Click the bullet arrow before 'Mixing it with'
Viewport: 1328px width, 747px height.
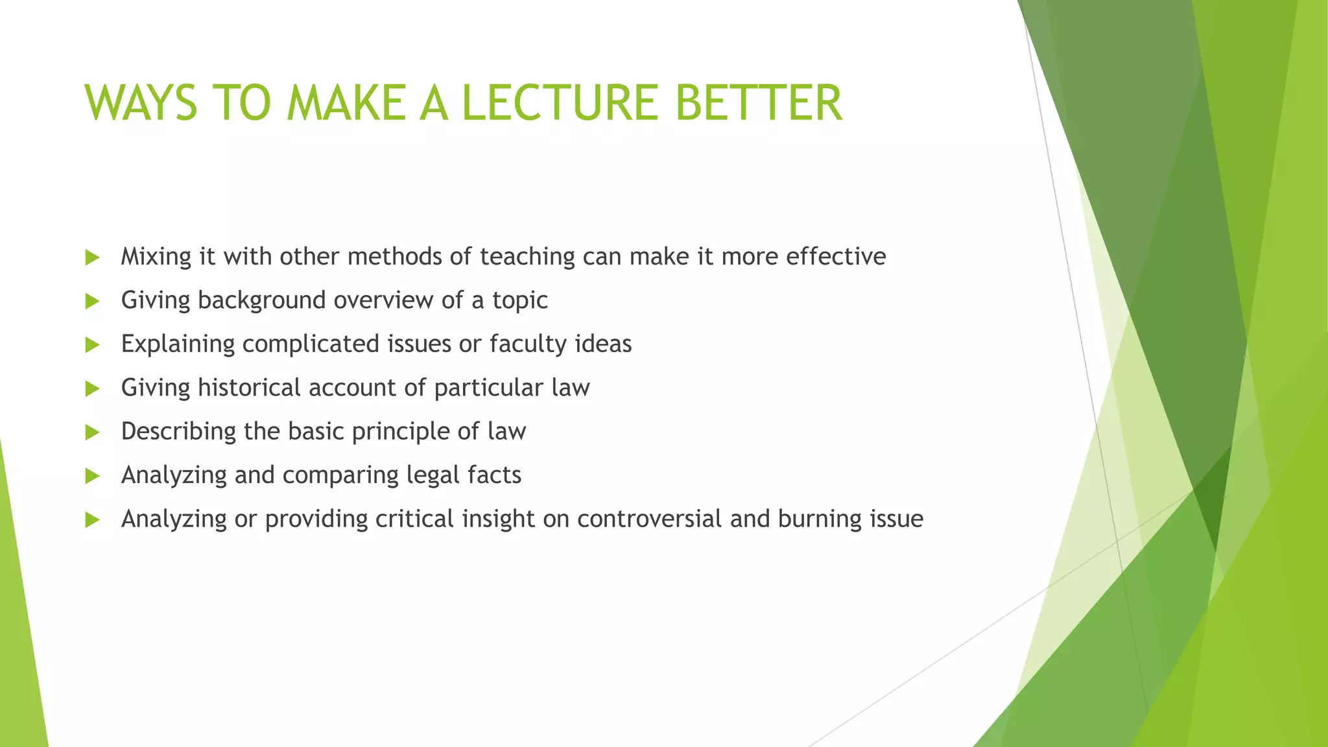click(x=92, y=257)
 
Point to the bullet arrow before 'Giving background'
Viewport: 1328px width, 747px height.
click(x=92, y=301)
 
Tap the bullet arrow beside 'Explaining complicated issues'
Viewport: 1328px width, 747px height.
click(x=92, y=344)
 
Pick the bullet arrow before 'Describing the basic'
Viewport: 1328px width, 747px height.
click(x=92, y=432)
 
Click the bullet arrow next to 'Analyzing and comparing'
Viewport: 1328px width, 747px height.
click(x=92, y=476)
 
